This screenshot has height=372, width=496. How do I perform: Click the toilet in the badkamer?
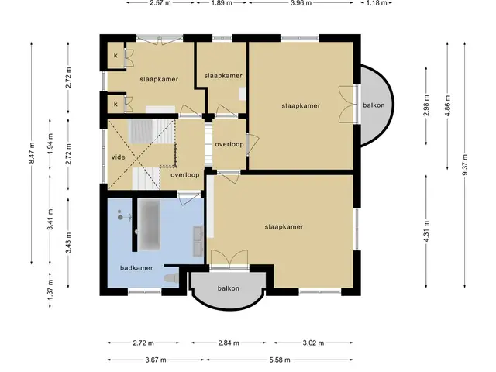[171, 277]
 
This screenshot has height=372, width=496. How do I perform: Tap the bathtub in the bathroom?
[149, 224]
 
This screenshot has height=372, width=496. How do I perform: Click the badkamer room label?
[136, 268]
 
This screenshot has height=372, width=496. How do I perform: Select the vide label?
[119, 157]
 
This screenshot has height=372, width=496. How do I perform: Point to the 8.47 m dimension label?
[31, 153]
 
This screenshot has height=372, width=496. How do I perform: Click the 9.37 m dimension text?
[464, 164]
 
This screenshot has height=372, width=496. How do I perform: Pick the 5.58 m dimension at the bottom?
[280, 360]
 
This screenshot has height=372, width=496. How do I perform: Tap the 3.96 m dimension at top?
[301, 3]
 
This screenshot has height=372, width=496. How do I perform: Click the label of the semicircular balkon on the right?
[374, 105]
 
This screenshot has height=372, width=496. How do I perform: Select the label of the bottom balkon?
[228, 288]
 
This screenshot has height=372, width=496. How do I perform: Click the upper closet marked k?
[115, 55]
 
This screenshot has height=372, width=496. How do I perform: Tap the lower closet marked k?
[115, 104]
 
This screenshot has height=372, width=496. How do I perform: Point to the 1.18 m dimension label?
[377, 3]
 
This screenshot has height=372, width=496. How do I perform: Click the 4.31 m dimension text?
[426, 231]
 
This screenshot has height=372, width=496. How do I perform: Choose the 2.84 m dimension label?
[229, 343]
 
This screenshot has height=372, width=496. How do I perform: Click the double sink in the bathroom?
[198, 240]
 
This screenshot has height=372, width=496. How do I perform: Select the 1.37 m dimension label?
[50, 290]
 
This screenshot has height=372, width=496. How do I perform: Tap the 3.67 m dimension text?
[156, 360]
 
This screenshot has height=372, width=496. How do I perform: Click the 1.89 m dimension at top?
[222, 3]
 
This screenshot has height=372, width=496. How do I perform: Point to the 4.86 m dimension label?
[447, 105]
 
